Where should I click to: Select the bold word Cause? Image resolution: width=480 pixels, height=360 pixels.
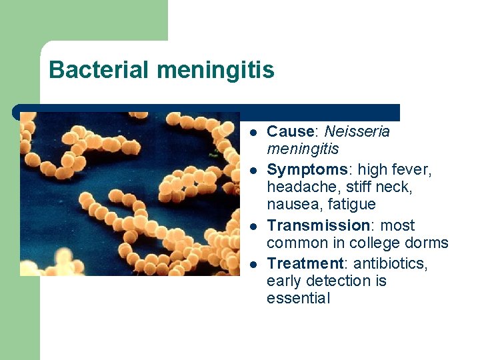290,131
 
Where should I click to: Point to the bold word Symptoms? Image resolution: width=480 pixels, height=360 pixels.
304,170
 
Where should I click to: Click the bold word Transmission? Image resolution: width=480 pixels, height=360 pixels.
317,225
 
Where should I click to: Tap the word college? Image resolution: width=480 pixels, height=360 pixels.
377,243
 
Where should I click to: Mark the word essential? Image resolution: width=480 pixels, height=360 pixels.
298,298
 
